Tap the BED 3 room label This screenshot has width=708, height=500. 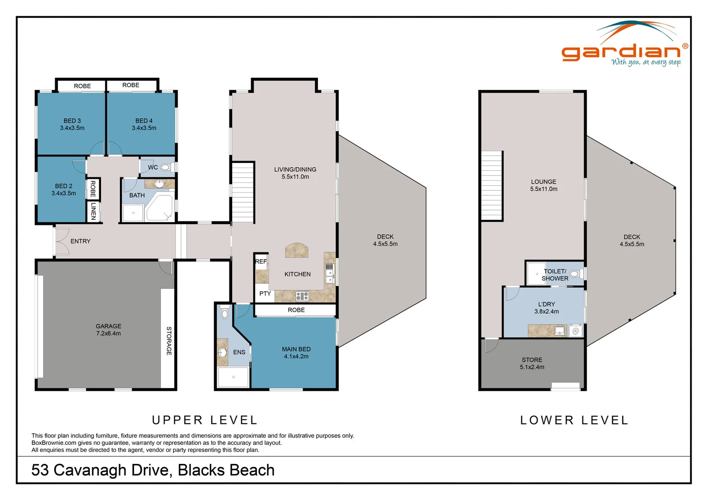pyautogui.click(x=72, y=124)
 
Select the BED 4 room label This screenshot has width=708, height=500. pyautogui.click(x=144, y=124)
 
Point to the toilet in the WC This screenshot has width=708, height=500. pyautogui.click(x=166, y=167)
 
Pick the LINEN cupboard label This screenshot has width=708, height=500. pyautogui.click(x=93, y=211)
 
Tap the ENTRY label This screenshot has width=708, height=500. pyautogui.click(x=80, y=241)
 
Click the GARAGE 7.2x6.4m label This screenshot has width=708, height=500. pyautogui.click(x=108, y=330)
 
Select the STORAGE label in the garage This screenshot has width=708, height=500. pyautogui.click(x=169, y=341)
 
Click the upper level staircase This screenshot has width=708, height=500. pyautogui.click(x=243, y=192)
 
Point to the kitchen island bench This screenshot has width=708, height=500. pyautogui.click(x=297, y=250)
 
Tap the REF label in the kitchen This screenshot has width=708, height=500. pyautogui.click(x=261, y=262)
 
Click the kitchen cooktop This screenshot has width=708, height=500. pyautogui.click(x=302, y=296)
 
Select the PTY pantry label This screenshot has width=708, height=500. pyautogui.click(x=265, y=294)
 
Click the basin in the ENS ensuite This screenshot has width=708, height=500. pyautogui.click(x=222, y=352)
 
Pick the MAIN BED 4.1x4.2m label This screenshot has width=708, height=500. pyautogui.click(x=296, y=353)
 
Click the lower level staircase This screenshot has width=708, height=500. pyautogui.click(x=492, y=185)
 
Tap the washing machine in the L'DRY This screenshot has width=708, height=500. pyautogui.click(x=575, y=331)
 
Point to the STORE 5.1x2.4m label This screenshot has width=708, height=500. pyautogui.click(x=532, y=363)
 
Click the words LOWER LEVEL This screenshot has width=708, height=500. pyautogui.click(x=574, y=420)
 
